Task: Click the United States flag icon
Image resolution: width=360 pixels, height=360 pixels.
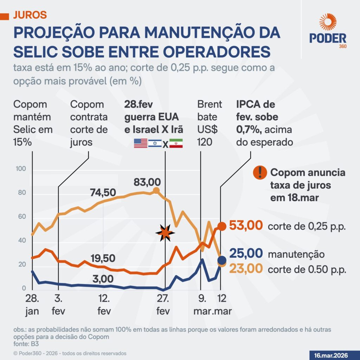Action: (141, 143)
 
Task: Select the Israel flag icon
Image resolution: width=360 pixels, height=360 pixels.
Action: (155, 143)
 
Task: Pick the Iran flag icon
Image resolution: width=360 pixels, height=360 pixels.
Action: (176, 143)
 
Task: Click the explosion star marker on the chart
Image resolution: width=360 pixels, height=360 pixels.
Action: (165, 232)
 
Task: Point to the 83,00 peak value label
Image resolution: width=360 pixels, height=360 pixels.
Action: (147, 182)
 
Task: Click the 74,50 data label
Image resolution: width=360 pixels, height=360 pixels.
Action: (102, 193)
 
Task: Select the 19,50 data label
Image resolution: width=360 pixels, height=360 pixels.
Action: (102, 258)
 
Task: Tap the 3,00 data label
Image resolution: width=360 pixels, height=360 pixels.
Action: (103, 279)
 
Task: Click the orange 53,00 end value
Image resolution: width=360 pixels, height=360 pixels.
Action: (246, 225)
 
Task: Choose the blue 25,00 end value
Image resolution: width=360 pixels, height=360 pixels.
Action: (246, 253)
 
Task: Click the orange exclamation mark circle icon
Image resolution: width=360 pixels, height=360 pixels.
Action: (260, 172)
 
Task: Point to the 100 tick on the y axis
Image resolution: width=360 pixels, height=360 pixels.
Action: (21, 169)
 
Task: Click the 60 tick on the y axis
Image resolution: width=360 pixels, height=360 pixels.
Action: (22, 217)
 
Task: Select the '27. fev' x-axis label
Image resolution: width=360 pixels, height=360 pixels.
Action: (163, 305)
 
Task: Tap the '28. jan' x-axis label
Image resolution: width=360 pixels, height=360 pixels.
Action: (32, 305)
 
